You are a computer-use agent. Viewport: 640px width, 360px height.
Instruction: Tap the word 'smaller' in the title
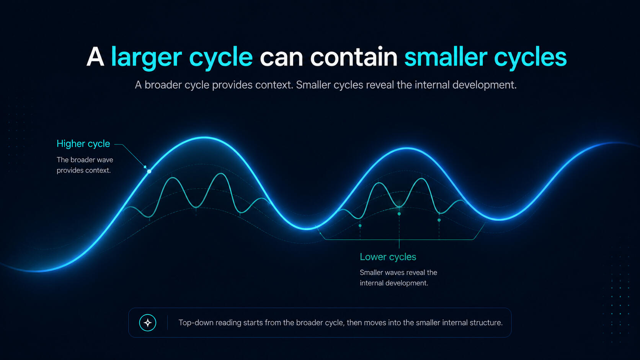pyautogui.click(x=446, y=57)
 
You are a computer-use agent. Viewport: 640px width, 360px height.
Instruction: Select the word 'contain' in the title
pyautogui.click(x=354, y=57)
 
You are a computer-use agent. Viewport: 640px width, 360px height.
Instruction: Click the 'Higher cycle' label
pyautogui.click(x=83, y=143)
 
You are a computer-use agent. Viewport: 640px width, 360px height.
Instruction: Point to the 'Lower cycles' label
pyautogui.click(x=388, y=257)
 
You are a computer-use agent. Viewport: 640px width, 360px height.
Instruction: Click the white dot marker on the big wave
pyautogui.click(x=149, y=171)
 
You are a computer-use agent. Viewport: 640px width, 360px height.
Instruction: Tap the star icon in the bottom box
pyautogui.click(x=148, y=323)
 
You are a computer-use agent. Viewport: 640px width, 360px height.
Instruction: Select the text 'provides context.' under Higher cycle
pyautogui.click(x=83, y=171)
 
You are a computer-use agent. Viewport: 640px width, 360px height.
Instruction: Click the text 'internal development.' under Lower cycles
pyautogui.click(x=394, y=283)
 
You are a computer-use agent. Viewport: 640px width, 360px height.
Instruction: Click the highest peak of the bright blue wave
pyautogui.click(x=205, y=138)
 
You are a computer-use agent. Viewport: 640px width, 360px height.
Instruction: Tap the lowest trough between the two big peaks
pyautogui.click(x=306, y=228)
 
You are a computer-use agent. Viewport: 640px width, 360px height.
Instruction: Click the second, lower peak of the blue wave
pyautogui.click(x=407, y=148)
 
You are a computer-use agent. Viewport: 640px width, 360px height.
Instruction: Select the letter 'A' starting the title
pyautogui.click(x=95, y=57)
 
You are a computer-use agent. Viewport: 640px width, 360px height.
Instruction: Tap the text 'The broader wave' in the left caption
pyautogui.click(x=85, y=160)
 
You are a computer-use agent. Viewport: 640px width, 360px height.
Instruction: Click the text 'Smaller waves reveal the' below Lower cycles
pyautogui.click(x=398, y=273)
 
